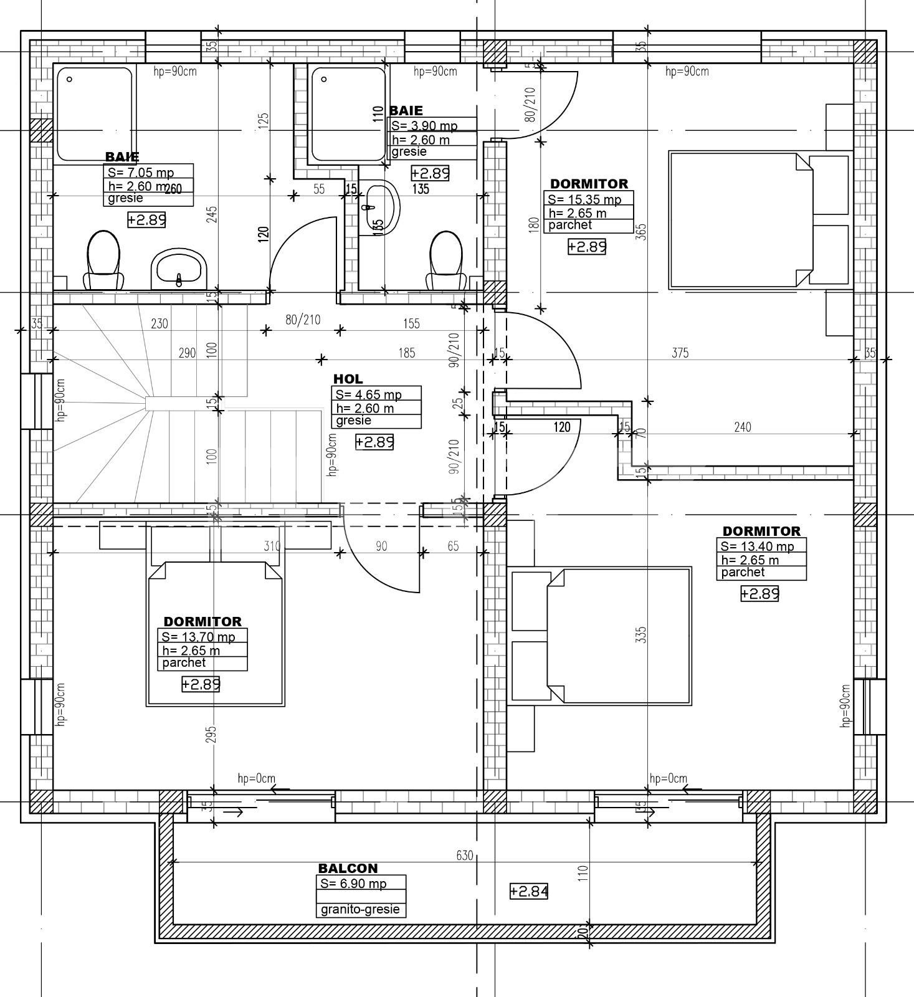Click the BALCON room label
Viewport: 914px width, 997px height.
[348, 868]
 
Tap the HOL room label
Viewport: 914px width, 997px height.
[348, 379]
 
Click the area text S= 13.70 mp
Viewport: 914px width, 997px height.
[198, 637]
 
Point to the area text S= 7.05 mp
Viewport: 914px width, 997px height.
[141, 173]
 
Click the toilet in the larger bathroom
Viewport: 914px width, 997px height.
[103, 260]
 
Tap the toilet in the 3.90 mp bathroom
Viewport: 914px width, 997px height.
[446, 260]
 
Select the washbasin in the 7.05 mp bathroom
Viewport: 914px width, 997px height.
[179, 269]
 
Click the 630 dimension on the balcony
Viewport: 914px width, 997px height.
[465, 856]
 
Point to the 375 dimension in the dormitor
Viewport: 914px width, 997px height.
[680, 353]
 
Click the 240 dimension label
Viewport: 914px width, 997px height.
[743, 427]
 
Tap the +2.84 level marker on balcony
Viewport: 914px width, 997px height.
[529, 892]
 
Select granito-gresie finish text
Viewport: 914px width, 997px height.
[360, 910]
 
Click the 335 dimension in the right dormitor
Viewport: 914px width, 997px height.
[642, 634]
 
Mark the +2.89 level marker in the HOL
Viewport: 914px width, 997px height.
[374, 442]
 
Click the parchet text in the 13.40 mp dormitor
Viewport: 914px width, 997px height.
[743, 572]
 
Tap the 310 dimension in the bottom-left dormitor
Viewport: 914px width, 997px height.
[272, 546]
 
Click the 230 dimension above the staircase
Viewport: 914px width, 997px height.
[159, 323]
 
